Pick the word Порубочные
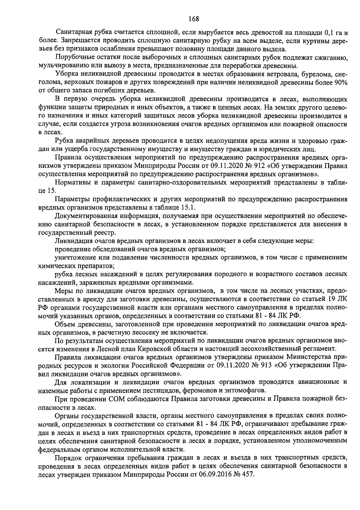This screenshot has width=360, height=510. click(74, 57)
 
